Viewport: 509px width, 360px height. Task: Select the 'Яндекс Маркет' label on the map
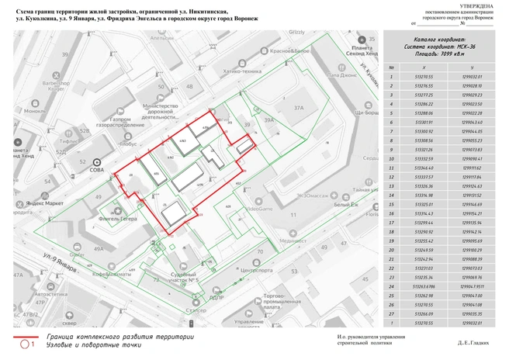pyautogui.click(x=43, y=203)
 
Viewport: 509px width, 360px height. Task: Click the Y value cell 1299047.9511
pyautogui.click(x=473, y=285)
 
